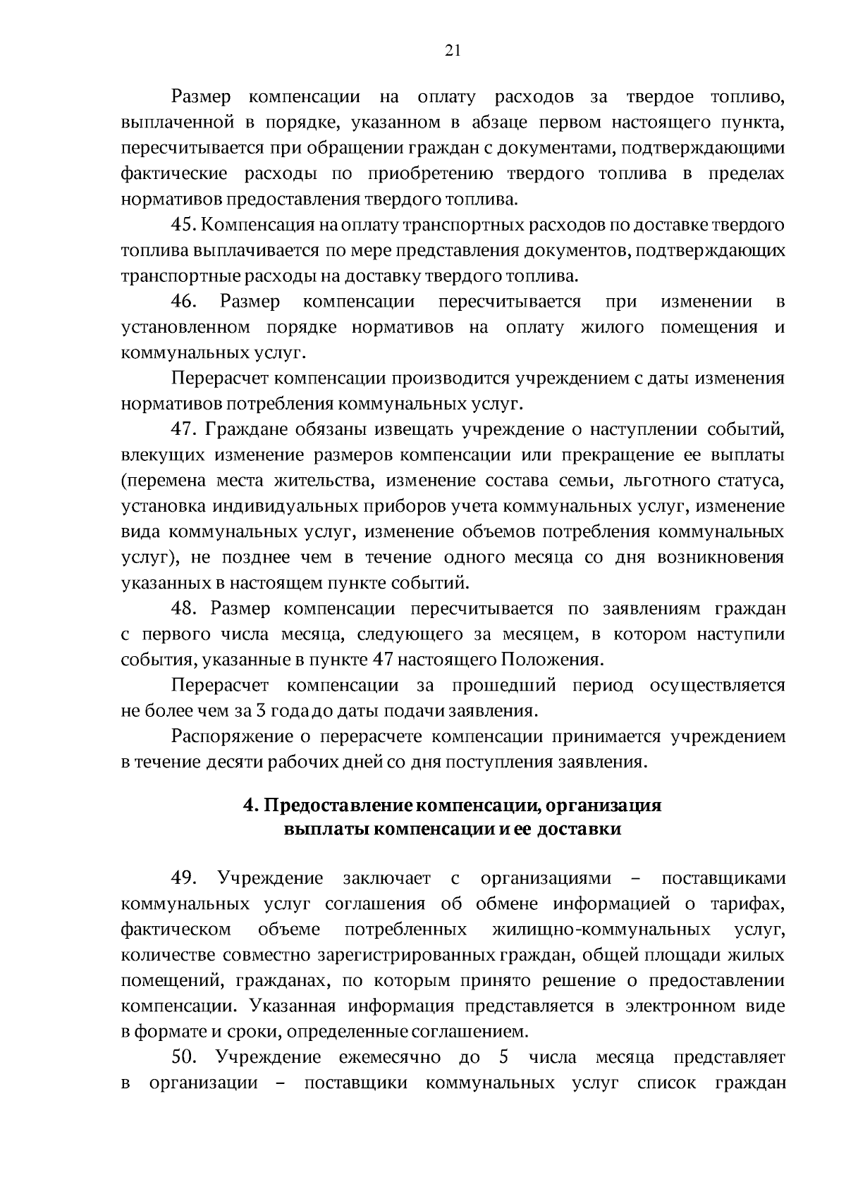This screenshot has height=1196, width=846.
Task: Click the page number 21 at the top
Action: click(x=453, y=50)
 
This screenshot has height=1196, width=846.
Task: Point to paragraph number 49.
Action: click(x=183, y=878)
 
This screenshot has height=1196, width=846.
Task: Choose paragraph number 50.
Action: click(x=183, y=1057)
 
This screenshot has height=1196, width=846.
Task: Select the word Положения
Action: click(x=552, y=660)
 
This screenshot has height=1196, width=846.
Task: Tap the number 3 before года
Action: click(x=260, y=710)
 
